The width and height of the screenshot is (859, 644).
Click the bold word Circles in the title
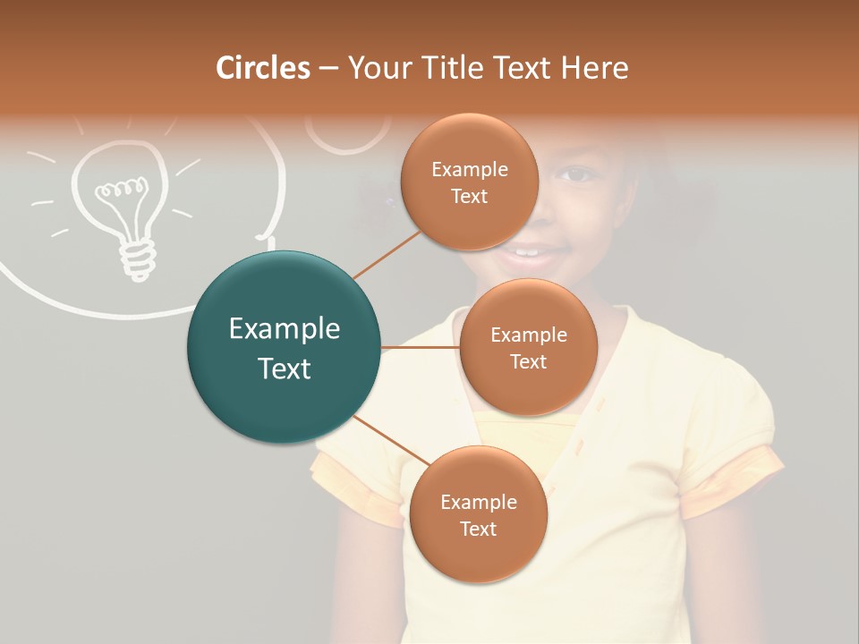coord(263,68)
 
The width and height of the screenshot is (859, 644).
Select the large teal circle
coord(284,347)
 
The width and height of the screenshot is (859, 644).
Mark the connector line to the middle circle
coord(421,347)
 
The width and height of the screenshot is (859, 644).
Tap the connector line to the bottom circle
coord(389,440)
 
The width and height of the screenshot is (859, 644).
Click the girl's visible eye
coord(577,174)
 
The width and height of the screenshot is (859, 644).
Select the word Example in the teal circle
coord(284,329)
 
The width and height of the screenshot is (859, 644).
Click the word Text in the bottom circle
coord(478,529)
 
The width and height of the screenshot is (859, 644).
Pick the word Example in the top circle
coord(469,169)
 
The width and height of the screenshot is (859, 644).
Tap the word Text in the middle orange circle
coord(528,361)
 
